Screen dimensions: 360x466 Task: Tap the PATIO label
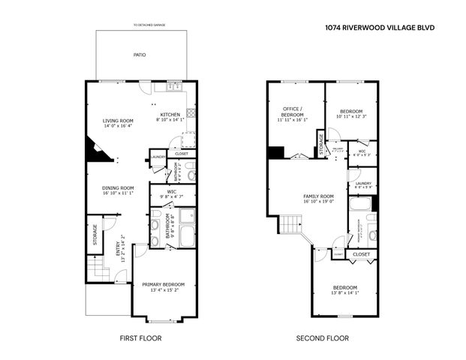click(140, 55)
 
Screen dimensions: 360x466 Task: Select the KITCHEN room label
click(170, 114)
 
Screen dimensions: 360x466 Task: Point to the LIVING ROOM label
click(118, 121)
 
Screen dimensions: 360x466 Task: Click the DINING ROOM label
click(118, 187)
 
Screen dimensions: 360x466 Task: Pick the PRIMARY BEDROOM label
click(164, 284)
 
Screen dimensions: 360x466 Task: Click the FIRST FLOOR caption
click(140, 338)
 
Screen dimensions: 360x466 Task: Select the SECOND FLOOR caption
click(321, 338)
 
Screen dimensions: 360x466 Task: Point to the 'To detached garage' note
click(149, 25)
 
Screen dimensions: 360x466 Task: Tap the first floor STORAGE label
click(95, 234)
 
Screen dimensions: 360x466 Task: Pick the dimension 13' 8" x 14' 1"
click(346, 293)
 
